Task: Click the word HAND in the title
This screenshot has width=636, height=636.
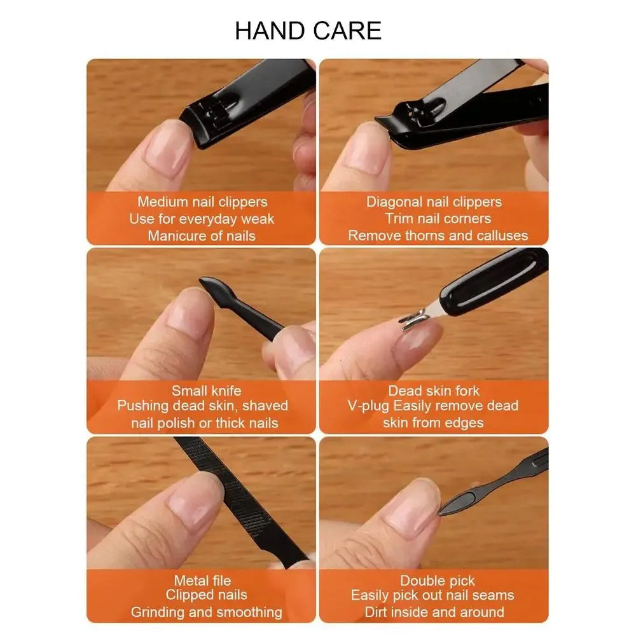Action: point(270,31)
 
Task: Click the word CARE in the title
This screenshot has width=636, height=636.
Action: point(347,31)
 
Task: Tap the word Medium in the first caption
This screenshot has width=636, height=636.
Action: point(160,202)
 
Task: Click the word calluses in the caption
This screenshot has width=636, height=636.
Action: point(502,236)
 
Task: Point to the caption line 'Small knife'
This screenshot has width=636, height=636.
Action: point(207,391)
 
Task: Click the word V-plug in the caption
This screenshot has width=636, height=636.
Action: point(368,406)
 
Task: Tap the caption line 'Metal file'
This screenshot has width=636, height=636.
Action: point(202,581)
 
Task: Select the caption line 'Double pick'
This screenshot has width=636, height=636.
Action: point(438,581)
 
